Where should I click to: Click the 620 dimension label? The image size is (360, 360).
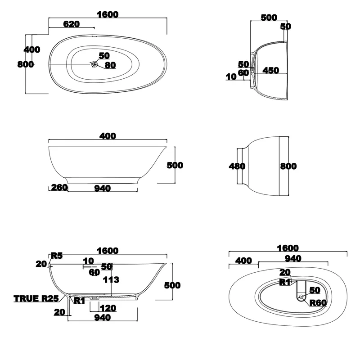tap(72, 24)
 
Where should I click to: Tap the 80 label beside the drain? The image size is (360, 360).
tap(110, 65)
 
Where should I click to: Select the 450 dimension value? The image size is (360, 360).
tap(271, 71)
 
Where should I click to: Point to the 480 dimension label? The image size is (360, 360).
tap(237, 166)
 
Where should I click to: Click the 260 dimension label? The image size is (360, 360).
tap(59, 188)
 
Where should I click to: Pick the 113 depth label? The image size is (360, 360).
tap(111, 279)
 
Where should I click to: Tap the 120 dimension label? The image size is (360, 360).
tap(108, 308)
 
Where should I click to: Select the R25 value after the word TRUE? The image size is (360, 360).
tap(50, 299)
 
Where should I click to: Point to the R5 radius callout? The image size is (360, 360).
tap(57, 256)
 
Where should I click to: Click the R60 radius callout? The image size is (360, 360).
tap(318, 303)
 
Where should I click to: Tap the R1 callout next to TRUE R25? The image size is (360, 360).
tap(80, 301)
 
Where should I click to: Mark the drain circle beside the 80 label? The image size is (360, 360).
tap(94, 64)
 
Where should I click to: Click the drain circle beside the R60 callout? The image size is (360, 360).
tap(301, 297)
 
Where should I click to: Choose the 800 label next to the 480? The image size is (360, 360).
tap(288, 166)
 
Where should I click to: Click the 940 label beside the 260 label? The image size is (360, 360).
tap(103, 189)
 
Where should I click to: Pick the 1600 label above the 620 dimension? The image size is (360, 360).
tap(108, 15)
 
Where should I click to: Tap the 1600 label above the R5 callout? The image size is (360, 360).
tap(108, 251)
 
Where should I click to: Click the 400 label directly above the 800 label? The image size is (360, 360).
tap(32, 49)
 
